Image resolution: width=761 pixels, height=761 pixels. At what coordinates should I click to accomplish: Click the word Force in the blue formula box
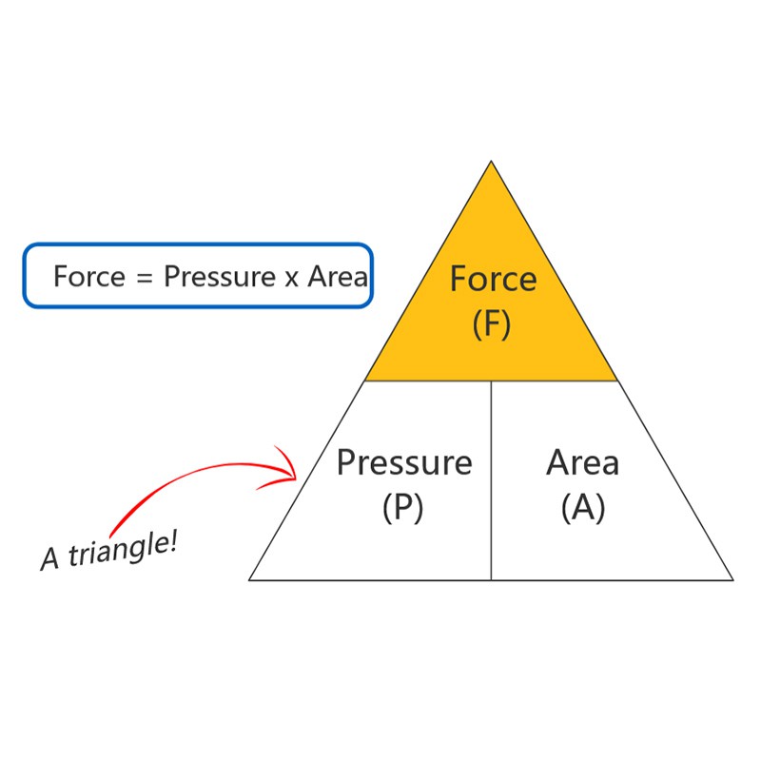pyautogui.click(x=89, y=276)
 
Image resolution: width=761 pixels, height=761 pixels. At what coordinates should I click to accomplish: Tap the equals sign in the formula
pyautogui.click(x=145, y=278)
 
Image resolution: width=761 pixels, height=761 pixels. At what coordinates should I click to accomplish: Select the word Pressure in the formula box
pyautogui.click(x=220, y=276)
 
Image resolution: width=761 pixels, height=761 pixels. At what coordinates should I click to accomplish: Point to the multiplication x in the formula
pyautogui.click(x=291, y=279)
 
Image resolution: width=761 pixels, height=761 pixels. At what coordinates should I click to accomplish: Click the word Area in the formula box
pyautogui.click(x=338, y=276)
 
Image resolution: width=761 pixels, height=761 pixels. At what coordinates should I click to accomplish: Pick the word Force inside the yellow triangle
pyautogui.click(x=493, y=279)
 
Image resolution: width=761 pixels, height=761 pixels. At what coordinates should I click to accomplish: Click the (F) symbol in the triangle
pyautogui.click(x=492, y=324)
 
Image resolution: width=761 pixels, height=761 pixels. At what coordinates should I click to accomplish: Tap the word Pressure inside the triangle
pyautogui.click(x=404, y=462)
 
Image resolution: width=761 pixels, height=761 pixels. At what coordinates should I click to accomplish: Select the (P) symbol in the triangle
pyautogui.click(x=402, y=508)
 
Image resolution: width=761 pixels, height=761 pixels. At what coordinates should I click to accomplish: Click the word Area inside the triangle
pyautogui.click(x=582, y=462)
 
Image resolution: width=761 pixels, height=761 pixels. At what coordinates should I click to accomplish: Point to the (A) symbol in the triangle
pyautogui.click(x=583, y=508)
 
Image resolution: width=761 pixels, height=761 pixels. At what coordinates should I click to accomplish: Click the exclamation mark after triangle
pyautogui.click(x=173, y=541)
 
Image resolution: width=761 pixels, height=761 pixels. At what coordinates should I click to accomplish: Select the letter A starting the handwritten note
pyautogui.click(x=50, y=558)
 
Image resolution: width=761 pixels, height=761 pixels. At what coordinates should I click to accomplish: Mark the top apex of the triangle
pyautogui.click(x=491, y=161)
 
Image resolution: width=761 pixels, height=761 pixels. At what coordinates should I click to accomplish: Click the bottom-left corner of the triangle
pyautogui.click(x=249, y=580)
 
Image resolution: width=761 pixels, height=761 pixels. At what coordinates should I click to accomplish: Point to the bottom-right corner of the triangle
pyautogui.click(x=733, y=580)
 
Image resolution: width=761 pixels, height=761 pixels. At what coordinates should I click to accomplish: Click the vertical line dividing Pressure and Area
pyautogui.click(x=491, y=480)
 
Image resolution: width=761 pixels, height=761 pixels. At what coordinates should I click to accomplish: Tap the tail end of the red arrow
pyautogui.click(x=111, y=534)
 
